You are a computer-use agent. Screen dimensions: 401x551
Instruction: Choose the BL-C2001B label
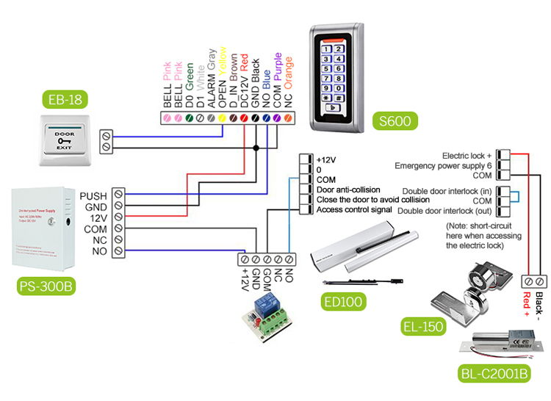pyautogui.click(x=493, y=374)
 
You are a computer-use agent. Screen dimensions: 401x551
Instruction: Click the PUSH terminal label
pyautogui.click(x=93, y=195)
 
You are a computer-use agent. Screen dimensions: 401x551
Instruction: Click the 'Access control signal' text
pyautogui.click(x=353, y=209)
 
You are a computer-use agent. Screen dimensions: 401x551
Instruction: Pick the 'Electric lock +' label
pyautogui.click(x=467, y=156)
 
